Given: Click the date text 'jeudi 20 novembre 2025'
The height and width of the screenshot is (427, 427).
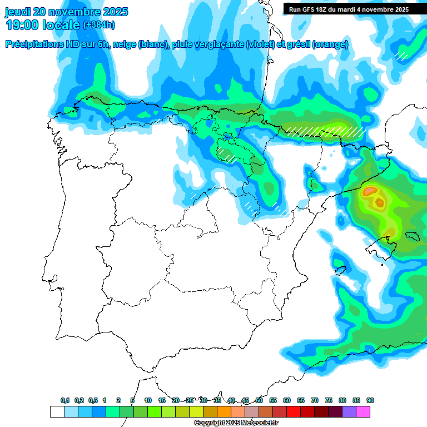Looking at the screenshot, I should point(66,12).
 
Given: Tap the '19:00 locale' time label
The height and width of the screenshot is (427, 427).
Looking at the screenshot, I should point(43,25).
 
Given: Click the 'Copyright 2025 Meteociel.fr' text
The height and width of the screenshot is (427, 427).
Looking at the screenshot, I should point(236,423).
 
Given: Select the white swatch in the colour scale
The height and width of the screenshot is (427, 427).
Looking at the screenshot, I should point(57,411).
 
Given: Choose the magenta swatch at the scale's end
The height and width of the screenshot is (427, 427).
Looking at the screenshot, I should point(363,411).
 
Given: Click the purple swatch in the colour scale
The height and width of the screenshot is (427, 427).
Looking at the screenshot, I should point(349,411).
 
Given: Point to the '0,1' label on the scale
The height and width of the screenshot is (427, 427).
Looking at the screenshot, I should point(65,401).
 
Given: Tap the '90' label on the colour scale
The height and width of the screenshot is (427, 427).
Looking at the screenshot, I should point(370,401).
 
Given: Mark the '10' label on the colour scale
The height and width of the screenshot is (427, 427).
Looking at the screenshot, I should point(148,401).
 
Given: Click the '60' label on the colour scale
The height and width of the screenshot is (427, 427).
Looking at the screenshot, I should point(287,401).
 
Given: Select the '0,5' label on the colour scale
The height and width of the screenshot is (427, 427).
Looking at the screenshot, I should point(93,401).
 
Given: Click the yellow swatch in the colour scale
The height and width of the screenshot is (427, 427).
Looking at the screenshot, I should point(196,411).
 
